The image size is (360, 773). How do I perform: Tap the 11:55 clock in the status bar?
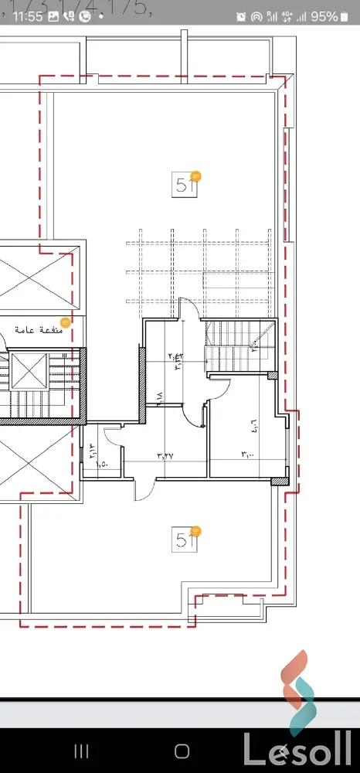point(27,15)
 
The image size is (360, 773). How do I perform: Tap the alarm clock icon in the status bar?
point(242,16)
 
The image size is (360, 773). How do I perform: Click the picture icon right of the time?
point(53,15)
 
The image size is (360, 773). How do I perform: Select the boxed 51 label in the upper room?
point(185,186)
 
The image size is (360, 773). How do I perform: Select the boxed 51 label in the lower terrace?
point(185,540)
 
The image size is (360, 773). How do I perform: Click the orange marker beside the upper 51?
point(196,177)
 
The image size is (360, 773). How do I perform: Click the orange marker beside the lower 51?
point(196,531)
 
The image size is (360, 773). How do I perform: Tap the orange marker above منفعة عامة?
point(66,322)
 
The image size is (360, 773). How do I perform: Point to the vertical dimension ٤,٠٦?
point(253,424)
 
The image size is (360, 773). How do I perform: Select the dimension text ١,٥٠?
point(102,464)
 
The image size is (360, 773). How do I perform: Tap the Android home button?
point(182,751)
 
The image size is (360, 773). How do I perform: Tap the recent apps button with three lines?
point(81,751)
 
